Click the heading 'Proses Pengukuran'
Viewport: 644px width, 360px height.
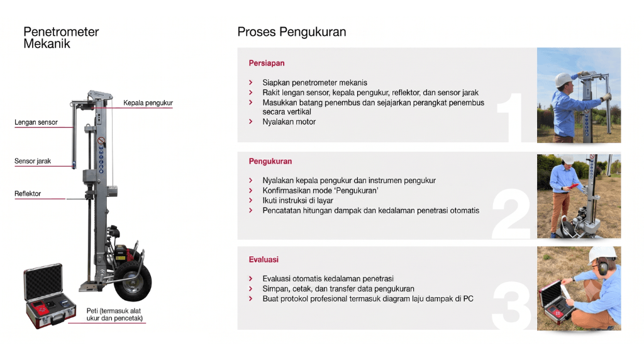292,32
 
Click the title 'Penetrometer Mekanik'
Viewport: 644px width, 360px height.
61,37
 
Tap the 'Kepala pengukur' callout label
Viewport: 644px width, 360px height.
148,103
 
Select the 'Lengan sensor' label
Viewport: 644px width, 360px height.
36,122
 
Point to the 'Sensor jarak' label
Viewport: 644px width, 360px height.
33,161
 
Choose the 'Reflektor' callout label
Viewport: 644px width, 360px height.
28,194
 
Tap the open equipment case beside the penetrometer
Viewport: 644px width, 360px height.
49,296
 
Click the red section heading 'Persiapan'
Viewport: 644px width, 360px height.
267,64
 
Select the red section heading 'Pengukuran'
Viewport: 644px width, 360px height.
270,162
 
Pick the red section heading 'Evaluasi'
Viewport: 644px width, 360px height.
264,260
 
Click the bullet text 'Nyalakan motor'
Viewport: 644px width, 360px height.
289,121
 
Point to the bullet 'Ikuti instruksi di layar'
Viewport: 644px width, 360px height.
297,201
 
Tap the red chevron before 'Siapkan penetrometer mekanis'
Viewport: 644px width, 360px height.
251,82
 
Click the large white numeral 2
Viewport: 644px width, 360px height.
511,214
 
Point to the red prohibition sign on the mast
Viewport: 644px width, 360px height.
101,141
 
